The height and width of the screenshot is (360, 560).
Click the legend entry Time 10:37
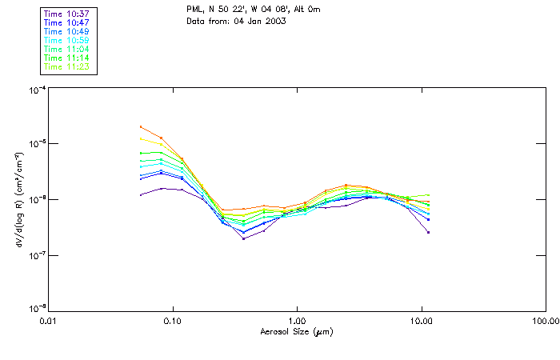click(66, 14)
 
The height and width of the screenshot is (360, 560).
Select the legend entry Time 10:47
click(66, 22)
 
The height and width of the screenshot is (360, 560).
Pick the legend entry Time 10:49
click(66, 31)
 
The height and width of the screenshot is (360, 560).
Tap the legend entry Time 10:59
click(66, 40)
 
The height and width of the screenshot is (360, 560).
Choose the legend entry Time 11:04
click(66, 49)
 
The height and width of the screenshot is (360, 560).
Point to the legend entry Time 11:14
click(66, 58)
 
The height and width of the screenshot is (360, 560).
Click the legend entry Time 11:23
click(66, 66)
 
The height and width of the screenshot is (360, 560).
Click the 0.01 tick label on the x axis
click(48, 320)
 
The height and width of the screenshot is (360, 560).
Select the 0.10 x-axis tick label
click(172, 320)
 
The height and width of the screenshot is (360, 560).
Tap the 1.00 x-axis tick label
click(297, 320)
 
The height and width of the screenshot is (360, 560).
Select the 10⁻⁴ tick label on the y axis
click(35, 89)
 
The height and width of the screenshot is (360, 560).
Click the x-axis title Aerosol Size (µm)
click(296, 331)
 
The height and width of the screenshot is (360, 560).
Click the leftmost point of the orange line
click(141, 126)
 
